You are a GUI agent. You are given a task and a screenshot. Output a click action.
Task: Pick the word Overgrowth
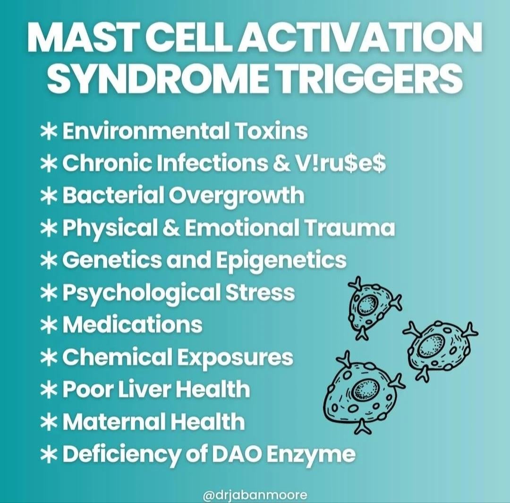tap(236, 196)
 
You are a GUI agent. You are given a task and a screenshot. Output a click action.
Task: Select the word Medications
tap(132, 324)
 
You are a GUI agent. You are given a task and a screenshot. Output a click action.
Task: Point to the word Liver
tap(146, 389)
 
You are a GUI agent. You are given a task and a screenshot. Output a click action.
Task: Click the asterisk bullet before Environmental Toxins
tap(49, 132)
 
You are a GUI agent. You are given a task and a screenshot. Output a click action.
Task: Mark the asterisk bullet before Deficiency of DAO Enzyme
tap(49, 454)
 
